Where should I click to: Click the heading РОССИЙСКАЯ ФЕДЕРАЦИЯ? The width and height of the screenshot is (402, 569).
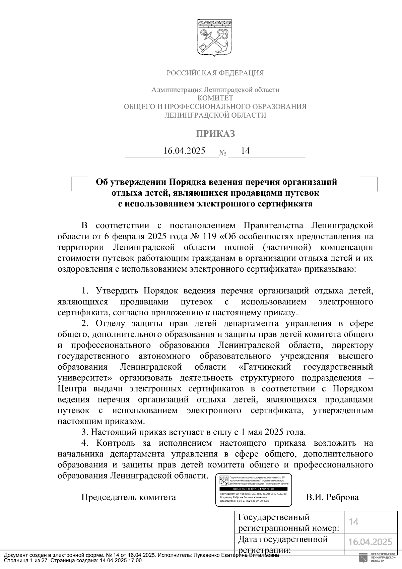(215, 73)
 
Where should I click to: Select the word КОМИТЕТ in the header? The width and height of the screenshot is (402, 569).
(215, 98)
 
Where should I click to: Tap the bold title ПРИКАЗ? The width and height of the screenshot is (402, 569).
(215, 134)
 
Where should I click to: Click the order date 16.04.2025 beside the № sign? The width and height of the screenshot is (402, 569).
(184, 151)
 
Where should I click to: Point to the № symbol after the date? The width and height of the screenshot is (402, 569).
(223, 153)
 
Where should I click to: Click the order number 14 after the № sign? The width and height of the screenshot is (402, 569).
(245, 151)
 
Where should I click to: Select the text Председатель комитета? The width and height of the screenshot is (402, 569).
(129, 497)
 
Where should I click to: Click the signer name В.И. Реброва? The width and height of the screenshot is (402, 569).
(332, 497)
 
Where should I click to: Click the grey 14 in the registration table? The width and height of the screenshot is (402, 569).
(353, 522)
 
